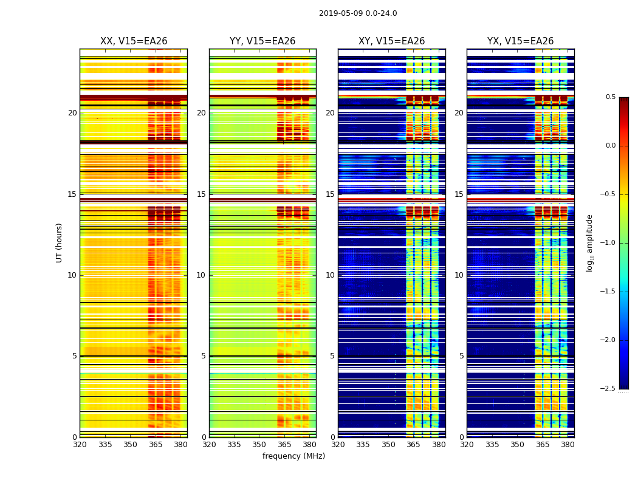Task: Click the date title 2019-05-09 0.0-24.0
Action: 358,13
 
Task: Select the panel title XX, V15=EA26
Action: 134,41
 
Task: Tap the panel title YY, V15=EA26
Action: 262,41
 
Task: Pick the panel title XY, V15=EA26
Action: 391,41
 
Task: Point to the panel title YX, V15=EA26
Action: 520,41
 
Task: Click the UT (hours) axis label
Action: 59,242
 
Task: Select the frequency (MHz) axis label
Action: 293,456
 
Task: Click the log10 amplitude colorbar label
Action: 589,242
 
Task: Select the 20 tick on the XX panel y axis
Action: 72,113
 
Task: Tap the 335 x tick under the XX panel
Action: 105,444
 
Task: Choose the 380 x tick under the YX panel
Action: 568,444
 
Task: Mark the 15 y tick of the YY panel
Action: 201,194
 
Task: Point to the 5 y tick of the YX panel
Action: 461,356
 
